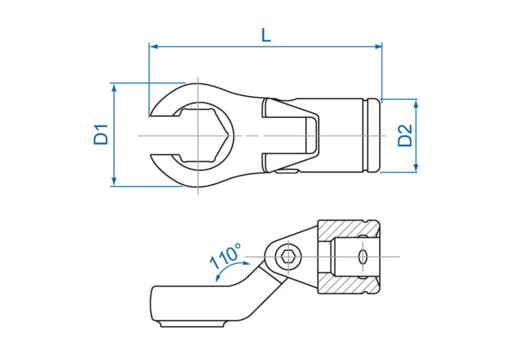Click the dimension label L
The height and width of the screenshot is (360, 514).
pyautogui.click(x=266, y=36)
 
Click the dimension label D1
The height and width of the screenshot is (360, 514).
pyautogui.click(x=101, y=134)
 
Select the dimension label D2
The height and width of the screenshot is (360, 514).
pyautogui.click(x=405, y=135)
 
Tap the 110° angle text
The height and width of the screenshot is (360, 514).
pyautogui.click(x=225, y=256)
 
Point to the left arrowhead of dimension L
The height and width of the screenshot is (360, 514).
pyautogui.click(x=154, y=47)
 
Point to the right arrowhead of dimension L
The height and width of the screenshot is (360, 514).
pyautogui.click(x=378, y=47)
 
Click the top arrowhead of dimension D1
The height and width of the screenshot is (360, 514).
pyautogui.click(x=114, y=87)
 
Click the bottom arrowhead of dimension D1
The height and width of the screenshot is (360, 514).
pyautogui.click(x=114, y=182)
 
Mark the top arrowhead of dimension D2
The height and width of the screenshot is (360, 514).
pyautogui.click(x=416, y=104)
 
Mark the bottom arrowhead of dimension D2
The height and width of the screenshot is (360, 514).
pyautogui.click(x=416, y=168)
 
